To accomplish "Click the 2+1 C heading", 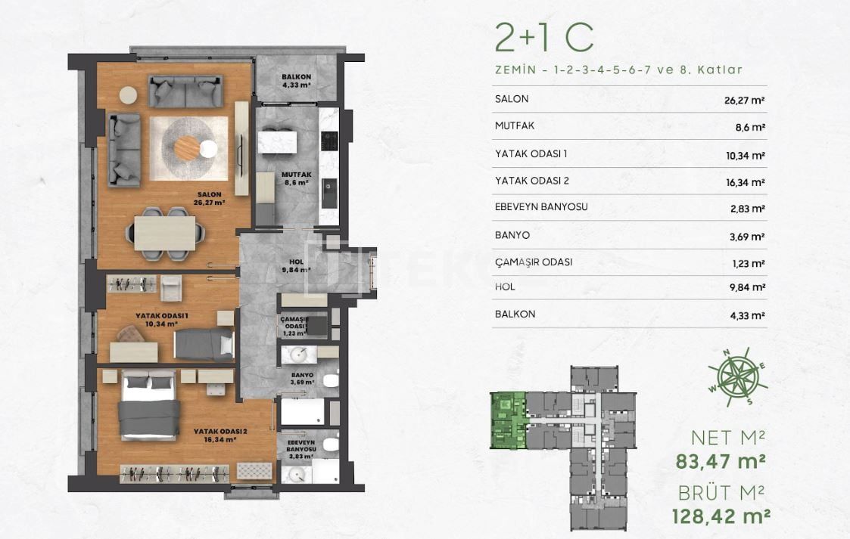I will point(544,36).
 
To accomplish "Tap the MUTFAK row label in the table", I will point(515,126).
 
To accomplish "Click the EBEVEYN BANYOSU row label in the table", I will point(541,207).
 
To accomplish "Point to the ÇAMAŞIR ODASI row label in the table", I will point(533,262).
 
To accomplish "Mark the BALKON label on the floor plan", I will point(294,77).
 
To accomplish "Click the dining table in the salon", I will point(165,233).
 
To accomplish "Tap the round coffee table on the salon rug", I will point(188,148).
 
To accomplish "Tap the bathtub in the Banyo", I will point(304,413).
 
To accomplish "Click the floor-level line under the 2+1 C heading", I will point(618,70).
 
